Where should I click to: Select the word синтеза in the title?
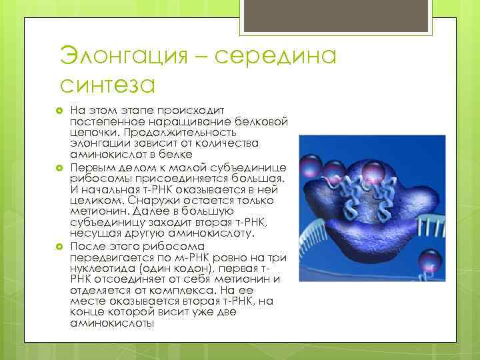107,85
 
